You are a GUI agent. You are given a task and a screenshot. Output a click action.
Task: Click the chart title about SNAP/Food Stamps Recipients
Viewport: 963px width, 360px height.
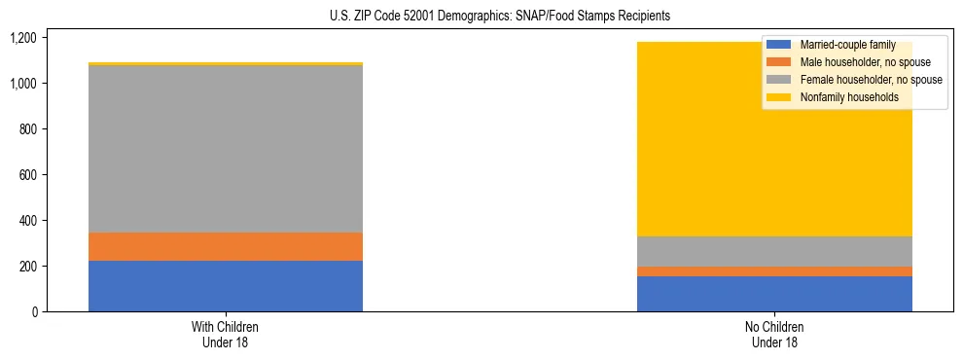482,17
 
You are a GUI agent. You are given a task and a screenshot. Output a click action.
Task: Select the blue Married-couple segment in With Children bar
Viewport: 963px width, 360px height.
226,286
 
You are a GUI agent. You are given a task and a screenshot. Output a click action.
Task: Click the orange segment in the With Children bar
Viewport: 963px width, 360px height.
226,246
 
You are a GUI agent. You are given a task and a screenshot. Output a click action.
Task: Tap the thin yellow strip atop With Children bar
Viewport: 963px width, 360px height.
226,64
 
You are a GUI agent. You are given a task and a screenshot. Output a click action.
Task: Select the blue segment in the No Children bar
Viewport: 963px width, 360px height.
774,294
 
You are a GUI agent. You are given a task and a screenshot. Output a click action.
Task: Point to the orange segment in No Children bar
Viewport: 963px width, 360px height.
774,271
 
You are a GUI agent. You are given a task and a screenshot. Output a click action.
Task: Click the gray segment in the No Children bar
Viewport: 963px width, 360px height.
774,251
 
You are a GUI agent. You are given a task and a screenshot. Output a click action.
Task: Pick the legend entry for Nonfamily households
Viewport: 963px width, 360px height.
847,97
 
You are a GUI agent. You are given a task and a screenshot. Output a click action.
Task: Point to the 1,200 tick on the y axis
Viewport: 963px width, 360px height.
22,38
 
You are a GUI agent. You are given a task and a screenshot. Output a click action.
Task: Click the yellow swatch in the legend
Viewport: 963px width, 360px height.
778,97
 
